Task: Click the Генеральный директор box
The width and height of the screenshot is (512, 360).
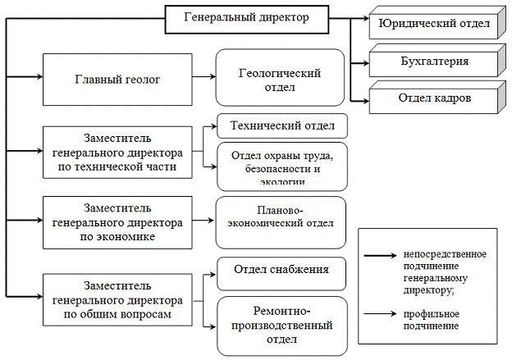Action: (248, 19)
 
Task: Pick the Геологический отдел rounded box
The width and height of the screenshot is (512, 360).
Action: (279, 80)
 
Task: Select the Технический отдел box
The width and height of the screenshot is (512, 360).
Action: (281, 126)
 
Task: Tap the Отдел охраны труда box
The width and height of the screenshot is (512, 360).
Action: (281, 166)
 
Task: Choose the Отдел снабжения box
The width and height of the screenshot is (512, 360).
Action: (281, 271)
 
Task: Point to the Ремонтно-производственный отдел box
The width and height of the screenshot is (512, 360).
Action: (281, 325)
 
